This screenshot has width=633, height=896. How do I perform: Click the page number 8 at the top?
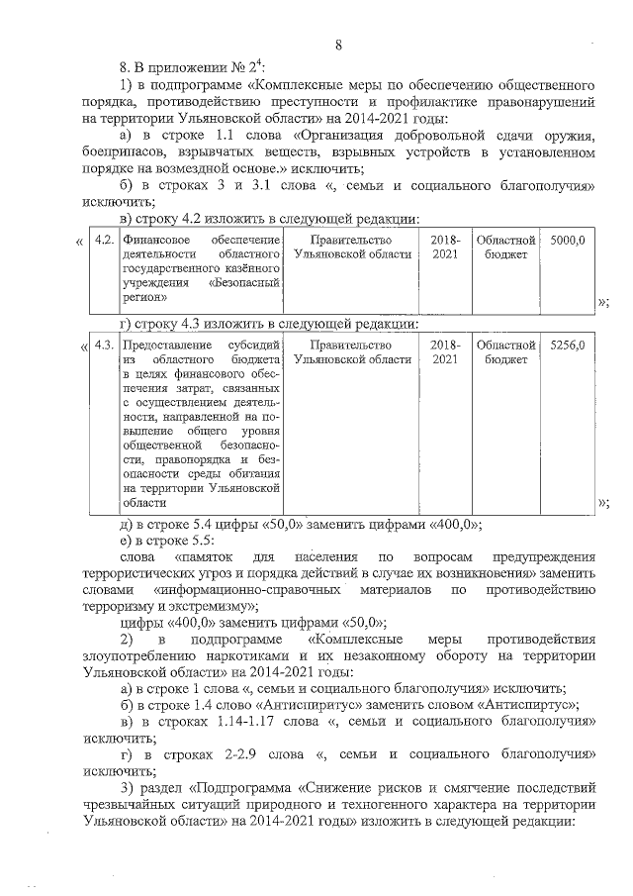coord(338,45)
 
